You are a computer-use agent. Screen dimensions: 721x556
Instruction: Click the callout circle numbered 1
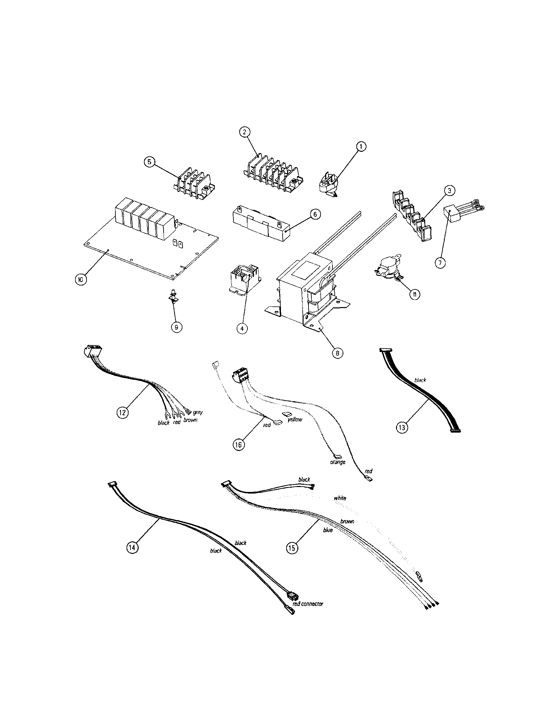coord(361,146)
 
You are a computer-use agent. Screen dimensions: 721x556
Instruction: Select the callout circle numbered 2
coord(244,132)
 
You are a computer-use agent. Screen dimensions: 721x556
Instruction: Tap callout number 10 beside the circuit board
coord(80,279)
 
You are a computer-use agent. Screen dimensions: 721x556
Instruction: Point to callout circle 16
coord(238,445)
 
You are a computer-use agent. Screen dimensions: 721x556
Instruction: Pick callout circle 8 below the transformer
coord(337,353)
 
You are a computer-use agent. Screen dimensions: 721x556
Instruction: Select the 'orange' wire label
coord(337,462)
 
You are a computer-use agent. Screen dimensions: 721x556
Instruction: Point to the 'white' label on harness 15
coord(340,498)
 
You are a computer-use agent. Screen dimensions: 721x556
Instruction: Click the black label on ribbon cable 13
coord(420,380)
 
